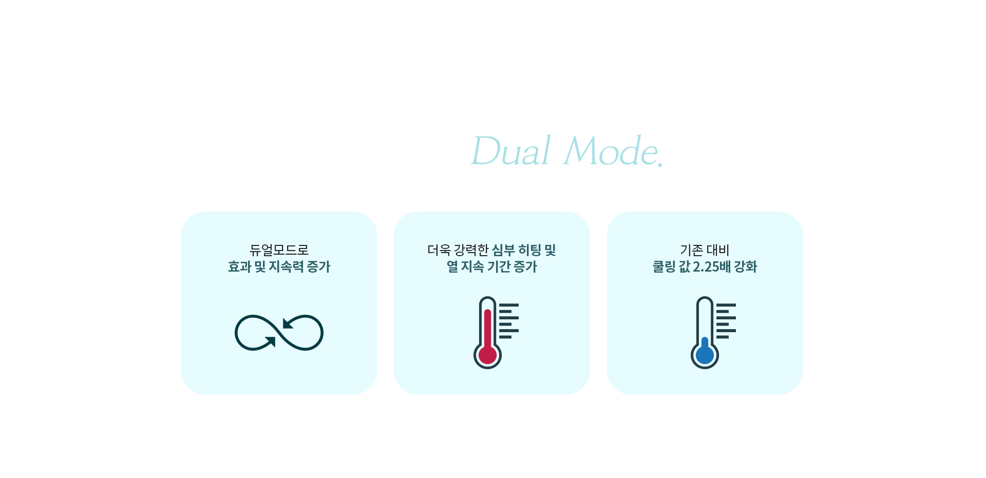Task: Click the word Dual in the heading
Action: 511,150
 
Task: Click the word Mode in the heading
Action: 610,150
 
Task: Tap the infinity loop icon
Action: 279,333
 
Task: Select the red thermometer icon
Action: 496,332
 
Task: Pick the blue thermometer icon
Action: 713,332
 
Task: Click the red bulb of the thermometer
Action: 487,355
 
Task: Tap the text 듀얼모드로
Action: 279,250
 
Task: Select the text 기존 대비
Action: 705,250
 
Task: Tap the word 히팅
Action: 529,250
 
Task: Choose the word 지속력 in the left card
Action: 286,266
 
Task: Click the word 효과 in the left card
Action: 239,266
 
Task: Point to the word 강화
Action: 746,266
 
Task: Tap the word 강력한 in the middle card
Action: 471,250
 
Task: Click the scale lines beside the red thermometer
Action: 509,321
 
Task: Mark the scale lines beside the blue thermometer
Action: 726,321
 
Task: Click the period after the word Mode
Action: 660,164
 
